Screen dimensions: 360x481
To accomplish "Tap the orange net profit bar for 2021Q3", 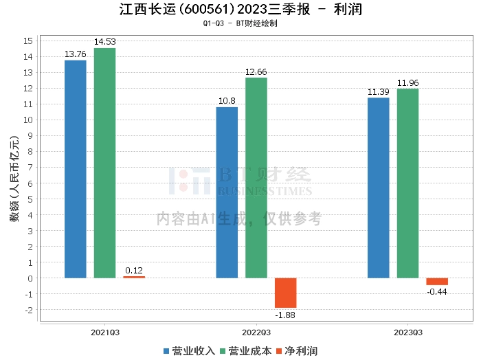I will click(134, 277).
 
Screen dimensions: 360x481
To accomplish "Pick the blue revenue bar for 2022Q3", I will click(227, 192).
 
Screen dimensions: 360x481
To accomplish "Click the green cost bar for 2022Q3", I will click(256, 178).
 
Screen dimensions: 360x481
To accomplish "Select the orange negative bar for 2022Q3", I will click(286, 293).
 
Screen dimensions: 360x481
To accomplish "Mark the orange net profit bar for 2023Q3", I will click(437, 282).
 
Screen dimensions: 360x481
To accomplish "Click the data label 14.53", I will click(105, 42).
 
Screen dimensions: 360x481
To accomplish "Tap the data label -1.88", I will click(286, 315).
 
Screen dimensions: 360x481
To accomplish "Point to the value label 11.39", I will click(379, 92).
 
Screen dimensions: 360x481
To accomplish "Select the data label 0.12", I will click(134, 270).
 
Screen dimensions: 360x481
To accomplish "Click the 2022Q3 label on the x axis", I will click(256, 332).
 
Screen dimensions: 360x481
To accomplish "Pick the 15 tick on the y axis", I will click(28, 41).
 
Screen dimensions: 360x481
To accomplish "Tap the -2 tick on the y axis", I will click(27, 310).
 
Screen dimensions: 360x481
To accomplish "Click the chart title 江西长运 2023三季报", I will click(240, 10).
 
